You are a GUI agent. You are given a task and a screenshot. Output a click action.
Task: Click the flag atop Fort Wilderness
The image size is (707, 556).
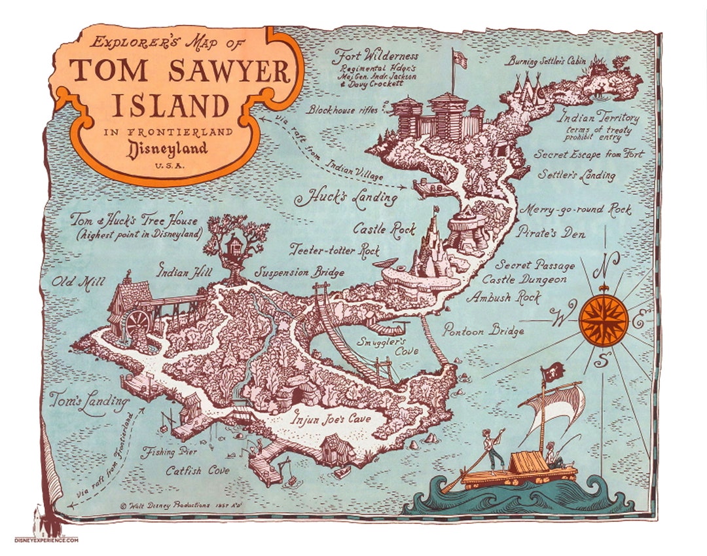[x=460, y=60]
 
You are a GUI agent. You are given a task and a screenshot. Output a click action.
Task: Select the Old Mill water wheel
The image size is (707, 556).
[x=138, y=324]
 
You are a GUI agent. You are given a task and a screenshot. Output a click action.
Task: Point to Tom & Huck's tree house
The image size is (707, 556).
[x=234, y=246]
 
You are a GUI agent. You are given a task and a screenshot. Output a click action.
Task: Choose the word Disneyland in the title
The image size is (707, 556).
[x=160, y=148]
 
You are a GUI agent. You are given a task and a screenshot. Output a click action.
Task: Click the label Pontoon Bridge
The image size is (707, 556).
[x=483, y=331]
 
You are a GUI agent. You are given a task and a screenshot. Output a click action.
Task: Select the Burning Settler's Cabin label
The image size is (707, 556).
[x=546, y=62]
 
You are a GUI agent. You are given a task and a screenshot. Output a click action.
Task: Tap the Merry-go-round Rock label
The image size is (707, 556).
[x=575, y=210]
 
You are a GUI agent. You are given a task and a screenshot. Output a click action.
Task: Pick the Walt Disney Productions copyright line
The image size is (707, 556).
[x=173, y=506]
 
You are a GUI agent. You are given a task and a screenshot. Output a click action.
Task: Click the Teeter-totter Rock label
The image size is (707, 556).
[x=335, y=250]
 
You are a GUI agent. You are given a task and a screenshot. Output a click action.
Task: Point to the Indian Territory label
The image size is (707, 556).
[x=598, y=119]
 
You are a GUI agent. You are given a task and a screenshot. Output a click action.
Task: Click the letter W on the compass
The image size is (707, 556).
[x=561, y=318]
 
